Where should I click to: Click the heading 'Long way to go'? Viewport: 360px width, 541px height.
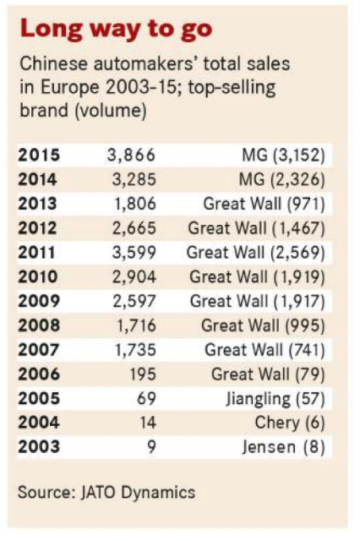click(116, 30)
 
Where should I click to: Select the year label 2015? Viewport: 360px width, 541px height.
click(39, 155)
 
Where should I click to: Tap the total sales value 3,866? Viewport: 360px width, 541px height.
click(131, 156)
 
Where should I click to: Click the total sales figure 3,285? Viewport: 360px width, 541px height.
click(134, 179)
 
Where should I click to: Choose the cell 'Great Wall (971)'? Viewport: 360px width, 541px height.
click(265, 204)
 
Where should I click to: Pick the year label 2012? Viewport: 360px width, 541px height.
click(37, 228)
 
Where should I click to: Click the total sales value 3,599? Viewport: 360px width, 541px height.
click(134, 253)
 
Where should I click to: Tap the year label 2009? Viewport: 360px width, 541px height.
click(39, 301)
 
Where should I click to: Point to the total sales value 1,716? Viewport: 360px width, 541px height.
click(136, 325)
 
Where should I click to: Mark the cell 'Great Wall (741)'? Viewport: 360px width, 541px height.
click(265, 350)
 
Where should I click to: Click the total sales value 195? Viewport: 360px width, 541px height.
click(143, 374)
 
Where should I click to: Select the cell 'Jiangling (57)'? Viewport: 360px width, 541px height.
click(275, 399)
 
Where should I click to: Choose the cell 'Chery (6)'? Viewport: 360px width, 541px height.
click(290, 423)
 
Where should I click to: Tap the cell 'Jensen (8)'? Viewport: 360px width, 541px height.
click(283, 447)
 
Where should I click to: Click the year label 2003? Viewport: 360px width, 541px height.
click(39, 447)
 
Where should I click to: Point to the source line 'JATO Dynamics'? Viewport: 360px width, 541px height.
click(138, 492)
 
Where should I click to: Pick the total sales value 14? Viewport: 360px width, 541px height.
click(148, 423)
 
